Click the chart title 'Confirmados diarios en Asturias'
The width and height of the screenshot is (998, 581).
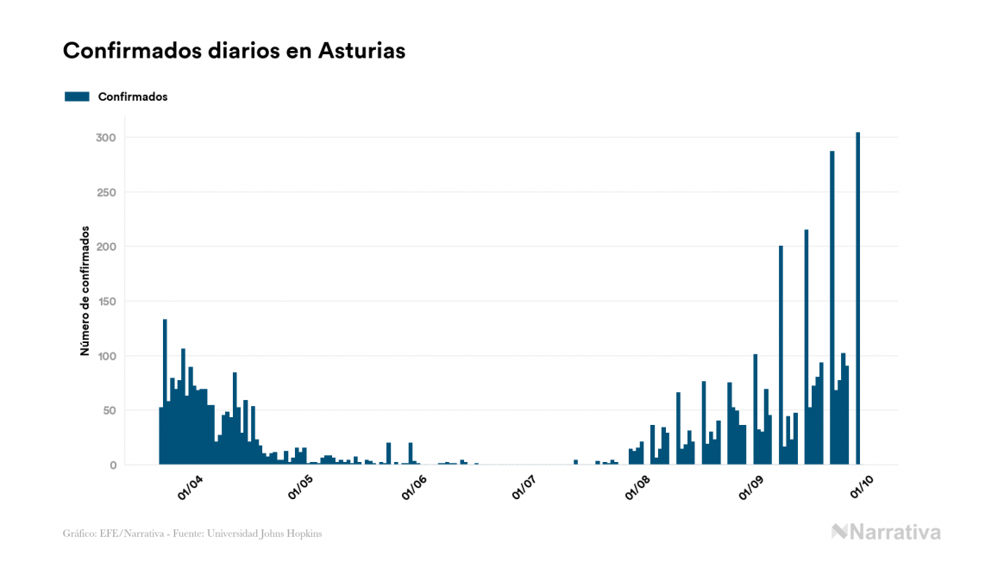click(x=234, y=51)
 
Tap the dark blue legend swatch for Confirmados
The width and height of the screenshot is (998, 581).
click(x=77, y=97)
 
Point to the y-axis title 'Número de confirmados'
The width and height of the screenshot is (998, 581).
click(x=85, y=290)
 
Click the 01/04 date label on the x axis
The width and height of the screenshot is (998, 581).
click(x=190, y=488)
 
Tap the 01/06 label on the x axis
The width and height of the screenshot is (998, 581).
click(x=415, y=488)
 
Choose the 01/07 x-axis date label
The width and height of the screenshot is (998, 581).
click(x=524, y=488)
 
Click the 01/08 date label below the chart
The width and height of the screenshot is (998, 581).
click(x=639, y=488)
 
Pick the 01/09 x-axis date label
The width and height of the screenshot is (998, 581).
click(x=752, y=488)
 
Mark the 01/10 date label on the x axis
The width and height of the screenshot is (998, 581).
click(x=862, y=488)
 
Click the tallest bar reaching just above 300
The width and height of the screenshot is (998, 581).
click(x=857, y=298)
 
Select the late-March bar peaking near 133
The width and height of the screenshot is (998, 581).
click(x=165, y=392)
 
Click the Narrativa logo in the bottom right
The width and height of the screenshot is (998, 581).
click(x=886, y=532)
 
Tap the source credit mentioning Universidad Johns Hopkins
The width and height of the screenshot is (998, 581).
click(x=192, y=534)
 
